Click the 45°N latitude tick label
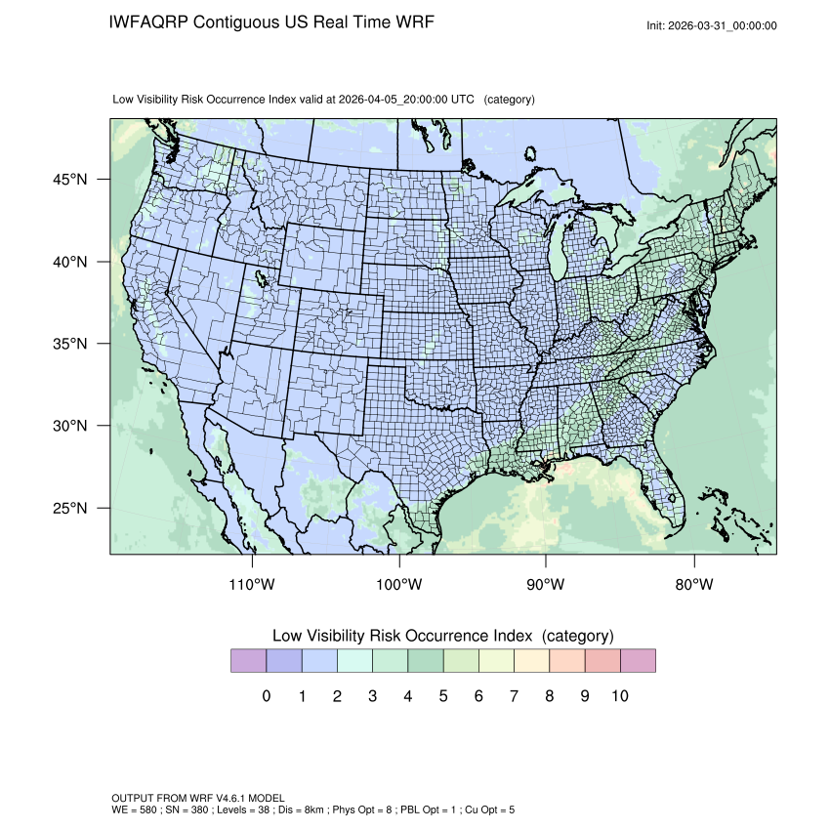point(70,180)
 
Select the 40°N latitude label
point(70,262)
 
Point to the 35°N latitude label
point(70,344)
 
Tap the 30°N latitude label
point(70,426)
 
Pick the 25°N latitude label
point(70,509)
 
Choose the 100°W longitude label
point(398,585)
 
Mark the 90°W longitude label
point(546,585)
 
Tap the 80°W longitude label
point(694,585)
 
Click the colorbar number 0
point(266,696)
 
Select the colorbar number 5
point(443,696)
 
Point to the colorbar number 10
point(619,696)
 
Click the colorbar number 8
point(550,696)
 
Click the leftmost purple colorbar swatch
point(248,661)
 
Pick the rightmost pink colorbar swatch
point(638,661)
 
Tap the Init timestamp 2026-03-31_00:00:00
point(724,26)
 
